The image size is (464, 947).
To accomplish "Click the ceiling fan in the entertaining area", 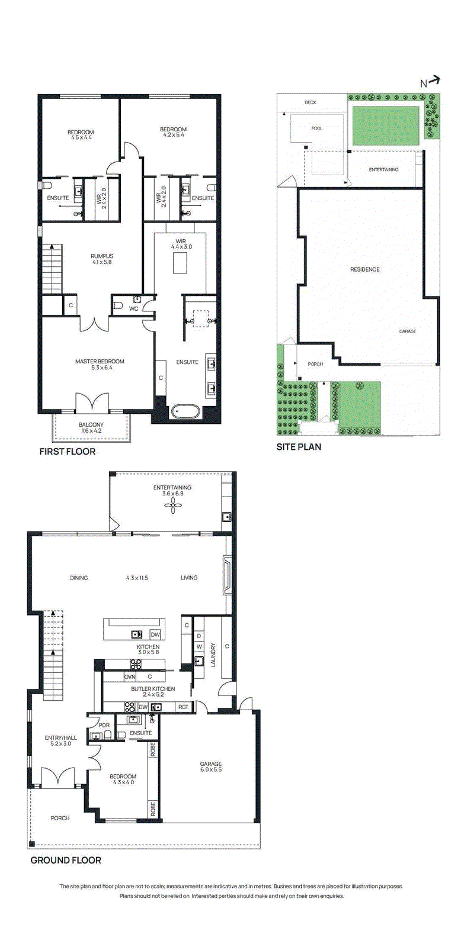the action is click(172, 505).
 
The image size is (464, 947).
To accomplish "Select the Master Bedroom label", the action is click(100, 365).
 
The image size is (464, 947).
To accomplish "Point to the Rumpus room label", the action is click(102, 259).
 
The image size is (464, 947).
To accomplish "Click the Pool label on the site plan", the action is click(316, 128).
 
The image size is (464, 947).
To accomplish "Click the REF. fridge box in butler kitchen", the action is click(184, 707).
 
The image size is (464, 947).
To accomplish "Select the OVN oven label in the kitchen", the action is click(130, 677).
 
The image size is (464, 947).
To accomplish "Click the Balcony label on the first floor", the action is click(91, 427).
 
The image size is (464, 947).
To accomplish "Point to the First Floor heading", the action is click(68, 452).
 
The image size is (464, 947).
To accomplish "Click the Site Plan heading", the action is click(299, 447).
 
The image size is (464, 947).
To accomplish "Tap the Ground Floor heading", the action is click(66, 861).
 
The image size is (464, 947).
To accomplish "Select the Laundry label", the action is click(213, 655).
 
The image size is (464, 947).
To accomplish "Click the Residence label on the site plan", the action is click(365, 269).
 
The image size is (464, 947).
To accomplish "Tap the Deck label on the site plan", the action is click(311, 102).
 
